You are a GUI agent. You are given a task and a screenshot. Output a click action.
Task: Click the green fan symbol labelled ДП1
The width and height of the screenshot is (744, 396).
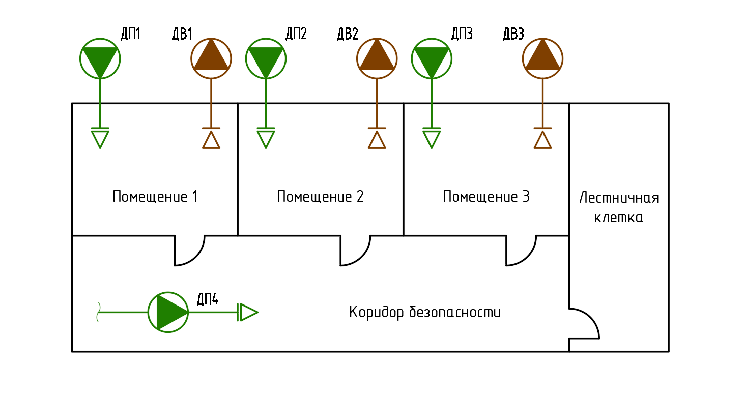coord(100,58)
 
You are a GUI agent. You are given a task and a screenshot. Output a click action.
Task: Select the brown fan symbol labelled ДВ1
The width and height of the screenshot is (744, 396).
coord(211,58)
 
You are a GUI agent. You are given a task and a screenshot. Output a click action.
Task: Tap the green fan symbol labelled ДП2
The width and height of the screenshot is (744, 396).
coord(266,58)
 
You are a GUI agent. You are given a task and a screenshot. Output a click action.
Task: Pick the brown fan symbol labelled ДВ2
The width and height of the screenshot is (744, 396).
coord(377,58)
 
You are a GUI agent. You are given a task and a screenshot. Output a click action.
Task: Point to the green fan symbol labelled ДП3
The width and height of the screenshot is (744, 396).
coord(432,58)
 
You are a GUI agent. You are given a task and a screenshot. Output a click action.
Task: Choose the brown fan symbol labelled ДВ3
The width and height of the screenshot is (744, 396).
coord(543,58)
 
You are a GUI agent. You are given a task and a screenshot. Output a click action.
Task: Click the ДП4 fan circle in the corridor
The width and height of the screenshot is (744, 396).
coord(168,312)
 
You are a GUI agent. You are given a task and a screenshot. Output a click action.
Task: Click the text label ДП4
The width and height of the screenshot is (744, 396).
coord(208,299)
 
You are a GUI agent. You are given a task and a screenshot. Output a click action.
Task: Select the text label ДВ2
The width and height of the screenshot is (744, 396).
coord(348,34)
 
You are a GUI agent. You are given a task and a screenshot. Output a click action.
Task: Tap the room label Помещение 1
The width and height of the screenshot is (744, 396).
coord(155,197)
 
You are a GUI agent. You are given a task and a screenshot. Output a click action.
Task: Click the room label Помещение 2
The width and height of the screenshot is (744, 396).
coord(320,197)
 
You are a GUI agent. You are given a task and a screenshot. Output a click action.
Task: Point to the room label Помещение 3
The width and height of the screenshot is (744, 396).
coord(486,197)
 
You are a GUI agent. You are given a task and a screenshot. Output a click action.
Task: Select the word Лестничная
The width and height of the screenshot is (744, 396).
coord(619,198)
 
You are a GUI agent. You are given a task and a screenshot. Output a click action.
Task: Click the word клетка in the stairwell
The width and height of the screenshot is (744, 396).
coord(619,218)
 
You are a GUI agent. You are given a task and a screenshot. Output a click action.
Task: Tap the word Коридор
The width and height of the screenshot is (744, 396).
coord(377,312)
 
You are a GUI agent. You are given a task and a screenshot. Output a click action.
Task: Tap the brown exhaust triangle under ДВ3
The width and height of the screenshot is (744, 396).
coord(543,140)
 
